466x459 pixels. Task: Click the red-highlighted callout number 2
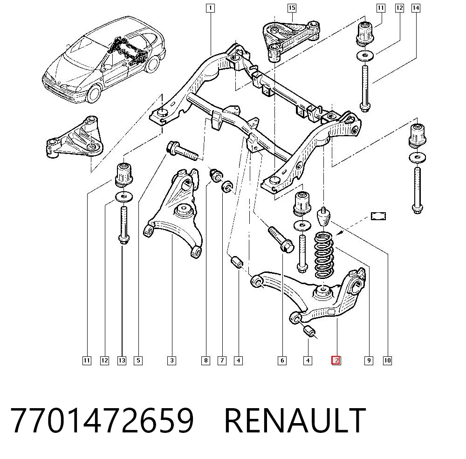click(x=336, y=361)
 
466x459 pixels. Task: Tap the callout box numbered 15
click(x=292, y=8)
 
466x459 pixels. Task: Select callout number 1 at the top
click(x=211, y=8)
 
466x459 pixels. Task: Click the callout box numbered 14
click(x=416, y=8)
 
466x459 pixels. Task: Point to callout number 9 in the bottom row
click(x=369, y=361)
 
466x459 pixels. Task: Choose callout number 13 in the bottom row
click(x=122, y=361)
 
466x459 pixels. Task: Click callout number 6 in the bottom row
click(x=282, y=361)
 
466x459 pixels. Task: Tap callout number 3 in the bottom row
click(x=172, y=361)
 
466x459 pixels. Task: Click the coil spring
click(x=324, y=255)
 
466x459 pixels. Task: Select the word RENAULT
click(x=295, y=421)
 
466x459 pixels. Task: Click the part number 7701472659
click(x=102, y=421)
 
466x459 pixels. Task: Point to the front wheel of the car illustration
click(x=94, y=92)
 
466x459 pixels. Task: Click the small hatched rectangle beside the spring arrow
click(x=378, y=216)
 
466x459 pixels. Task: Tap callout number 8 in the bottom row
click(x=206, y=361)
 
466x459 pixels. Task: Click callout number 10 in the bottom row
click(x=388, y=361)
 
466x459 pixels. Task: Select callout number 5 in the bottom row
click(x=138, y=361)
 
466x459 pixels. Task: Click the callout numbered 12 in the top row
click(x=399, y=8)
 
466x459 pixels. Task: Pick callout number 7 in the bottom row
click(x=222, y=361)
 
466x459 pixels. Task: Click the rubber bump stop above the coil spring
click(x=324, y=217)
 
